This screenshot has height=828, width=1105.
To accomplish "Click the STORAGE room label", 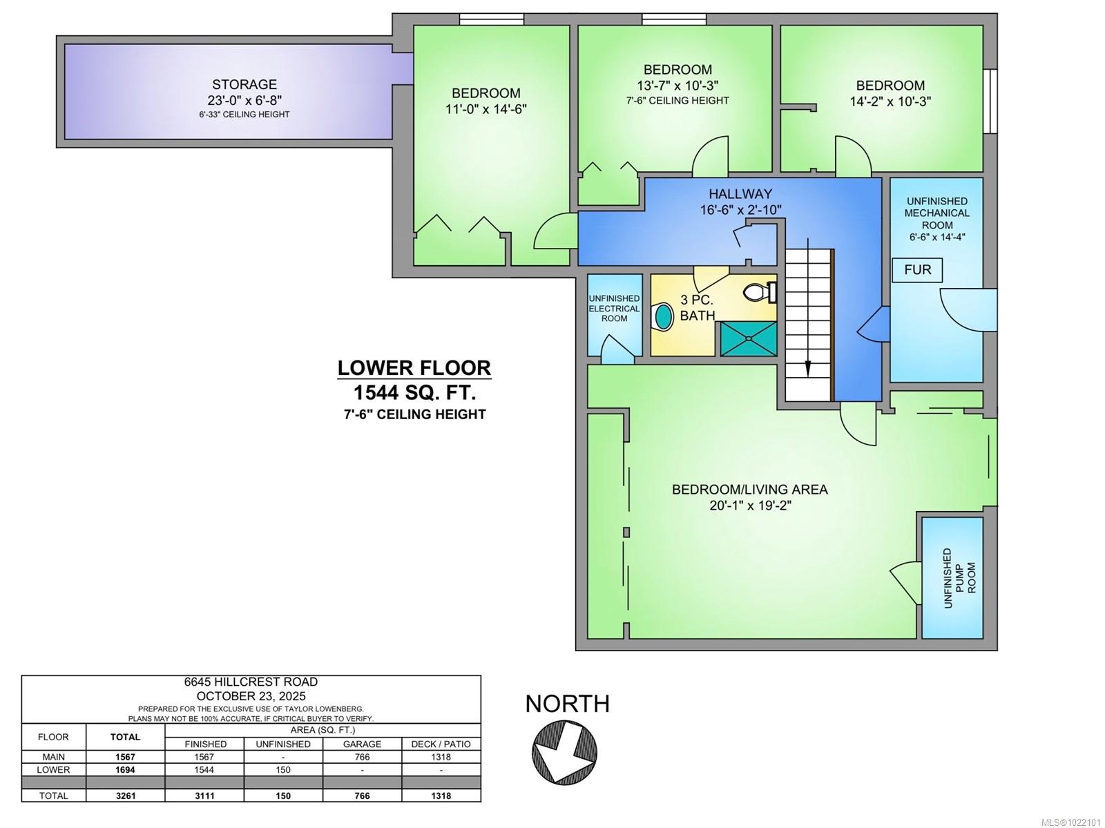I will tap(244, 84).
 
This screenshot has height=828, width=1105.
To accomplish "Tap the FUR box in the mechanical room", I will tap(917, 270).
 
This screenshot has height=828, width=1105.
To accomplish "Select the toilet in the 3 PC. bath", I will tap(759, 293).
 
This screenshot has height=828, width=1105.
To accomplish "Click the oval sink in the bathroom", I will tap(663, 316).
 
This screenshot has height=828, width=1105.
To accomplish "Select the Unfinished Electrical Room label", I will tap(614, 308).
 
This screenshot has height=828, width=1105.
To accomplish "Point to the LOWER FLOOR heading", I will tap(414, 368).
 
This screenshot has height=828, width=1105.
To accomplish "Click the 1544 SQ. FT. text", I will tap(414, 393).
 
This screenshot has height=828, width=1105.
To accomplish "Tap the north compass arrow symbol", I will tap(564, 751).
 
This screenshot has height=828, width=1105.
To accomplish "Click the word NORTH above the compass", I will tap(567, 704).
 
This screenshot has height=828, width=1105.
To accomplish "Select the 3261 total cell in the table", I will tap(125, 796).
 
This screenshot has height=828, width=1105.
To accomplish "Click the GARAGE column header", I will tap(362, 744).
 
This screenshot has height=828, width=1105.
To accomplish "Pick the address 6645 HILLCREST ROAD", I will tap(251, 682).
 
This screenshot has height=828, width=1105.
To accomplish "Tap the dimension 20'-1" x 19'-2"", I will tap(749, 506).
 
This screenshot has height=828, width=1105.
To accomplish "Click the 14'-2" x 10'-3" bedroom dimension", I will tap(890, 102).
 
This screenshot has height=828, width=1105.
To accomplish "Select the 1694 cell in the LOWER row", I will tap(125, 769).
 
